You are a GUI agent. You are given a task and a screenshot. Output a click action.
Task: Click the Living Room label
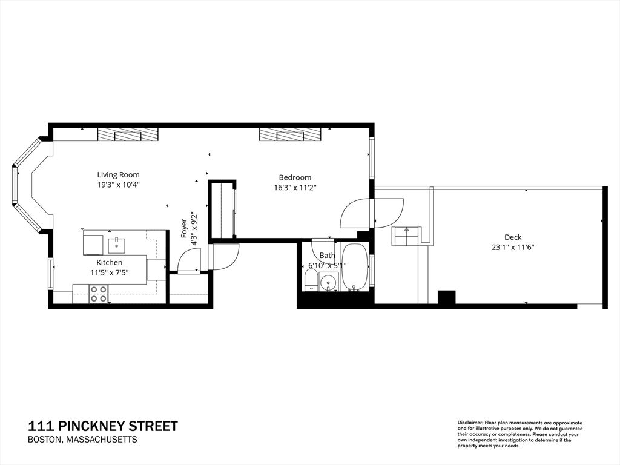(x=118, y=174)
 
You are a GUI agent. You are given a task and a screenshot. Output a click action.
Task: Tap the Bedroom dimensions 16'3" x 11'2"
(x=295, y=188)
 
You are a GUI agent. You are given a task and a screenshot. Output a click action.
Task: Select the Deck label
(x=513, y=237)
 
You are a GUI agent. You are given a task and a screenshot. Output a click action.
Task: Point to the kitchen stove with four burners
(x=99, y=294)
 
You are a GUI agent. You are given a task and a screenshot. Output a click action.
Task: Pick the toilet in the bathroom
(x=311, y=280)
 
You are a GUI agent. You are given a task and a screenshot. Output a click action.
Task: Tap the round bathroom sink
(x=329, y=282)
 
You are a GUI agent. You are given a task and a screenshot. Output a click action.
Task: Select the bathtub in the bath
(x=354, y=267)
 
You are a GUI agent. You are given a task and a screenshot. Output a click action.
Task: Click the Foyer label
(x=184, y=228)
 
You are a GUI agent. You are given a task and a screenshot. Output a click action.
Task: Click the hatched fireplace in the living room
(x=128, y=134)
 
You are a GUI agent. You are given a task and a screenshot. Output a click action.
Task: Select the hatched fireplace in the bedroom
(x=290, y=134)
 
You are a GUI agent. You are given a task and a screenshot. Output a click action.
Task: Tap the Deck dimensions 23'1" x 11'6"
(x=513, y=248)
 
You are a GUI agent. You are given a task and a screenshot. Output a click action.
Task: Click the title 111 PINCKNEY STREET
(x=103, y=426)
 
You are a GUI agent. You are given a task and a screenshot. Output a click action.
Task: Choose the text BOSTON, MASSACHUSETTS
(x=82, y=440)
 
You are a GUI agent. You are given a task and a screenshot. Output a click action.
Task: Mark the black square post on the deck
(x=446, y=297)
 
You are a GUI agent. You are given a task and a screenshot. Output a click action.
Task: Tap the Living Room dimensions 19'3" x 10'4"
(x=119, y=185)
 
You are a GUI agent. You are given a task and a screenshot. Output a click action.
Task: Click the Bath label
(x=328, y=256)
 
